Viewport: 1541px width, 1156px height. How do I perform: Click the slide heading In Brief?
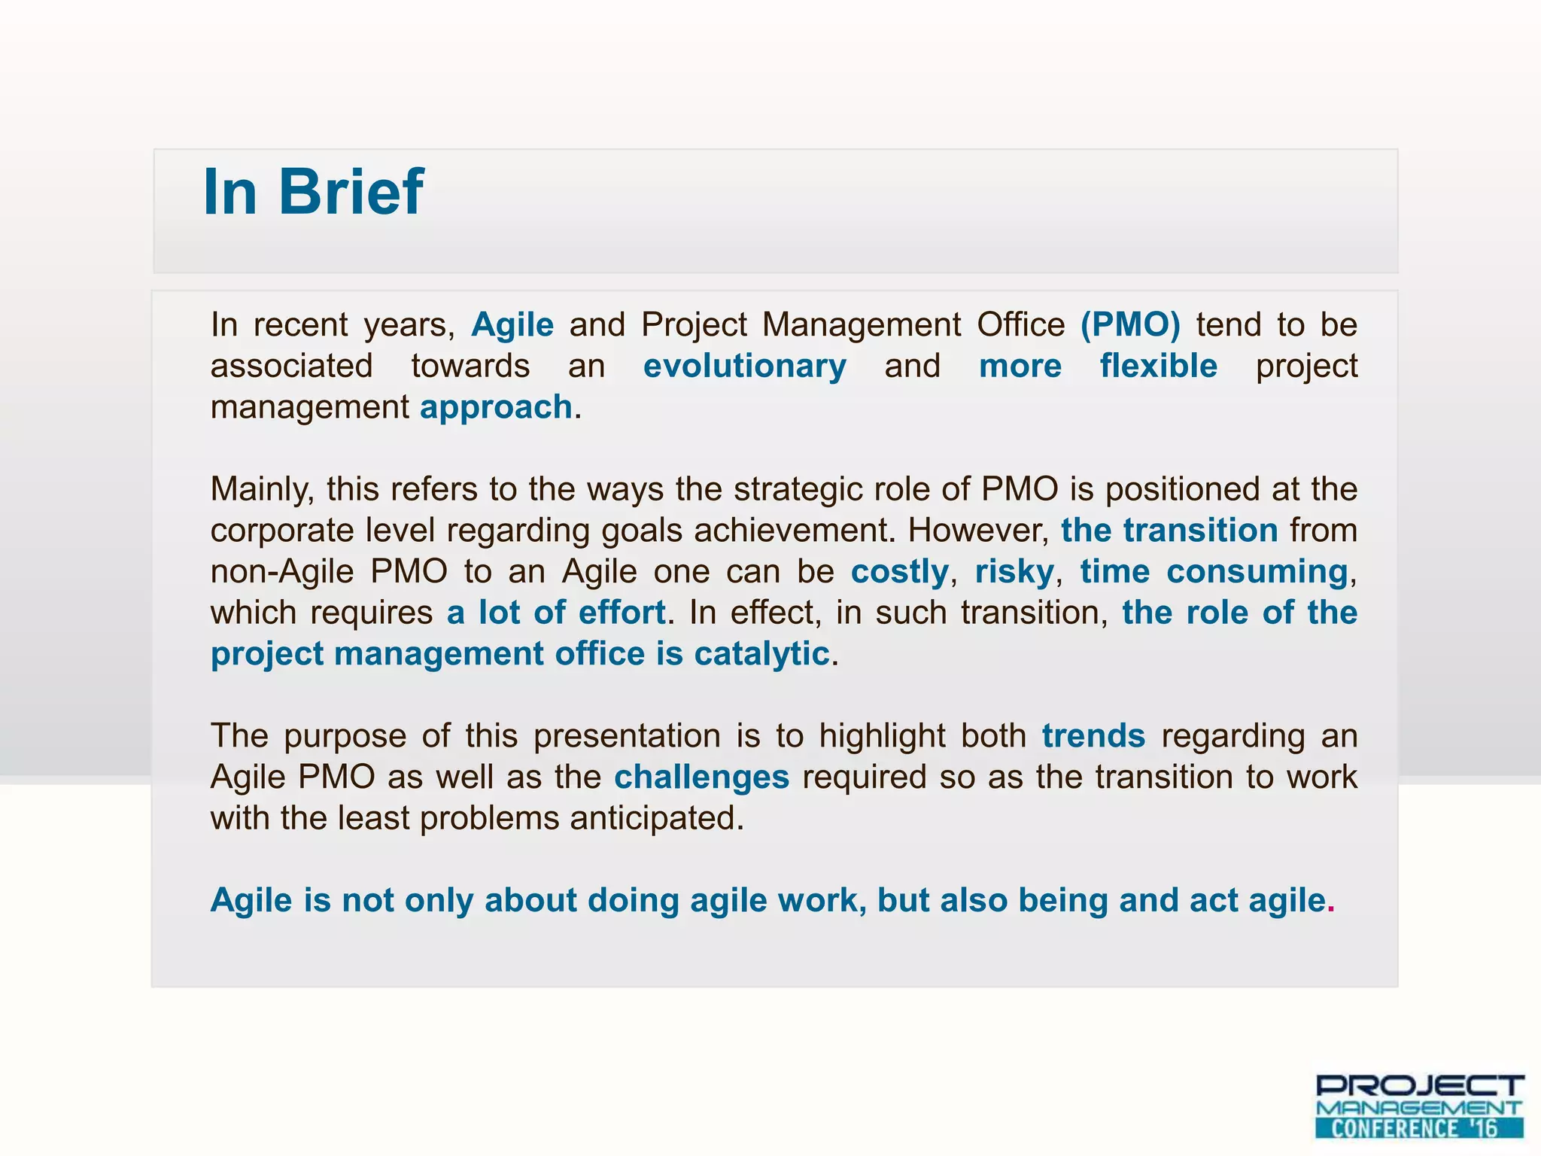313,193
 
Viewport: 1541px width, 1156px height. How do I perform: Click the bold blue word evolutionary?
744,367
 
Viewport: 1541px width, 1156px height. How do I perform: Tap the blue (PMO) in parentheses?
1130,325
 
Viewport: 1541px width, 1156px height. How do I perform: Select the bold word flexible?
1158,367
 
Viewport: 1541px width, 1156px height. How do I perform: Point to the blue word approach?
496,407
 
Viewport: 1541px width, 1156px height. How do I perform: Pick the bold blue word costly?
899,572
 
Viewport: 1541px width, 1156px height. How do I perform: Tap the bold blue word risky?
1014,572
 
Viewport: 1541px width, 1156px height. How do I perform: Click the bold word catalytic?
761,654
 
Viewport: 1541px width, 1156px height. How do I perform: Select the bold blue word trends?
1093,736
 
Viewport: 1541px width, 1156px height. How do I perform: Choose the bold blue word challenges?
701,777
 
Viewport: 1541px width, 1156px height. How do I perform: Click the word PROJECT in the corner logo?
1419,1086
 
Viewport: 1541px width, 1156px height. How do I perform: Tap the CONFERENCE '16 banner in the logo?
1419,1128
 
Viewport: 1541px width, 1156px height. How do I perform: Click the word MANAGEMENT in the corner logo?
1419,1108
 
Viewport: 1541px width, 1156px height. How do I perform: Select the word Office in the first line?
1020,325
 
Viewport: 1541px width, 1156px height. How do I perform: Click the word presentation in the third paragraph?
627,736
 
